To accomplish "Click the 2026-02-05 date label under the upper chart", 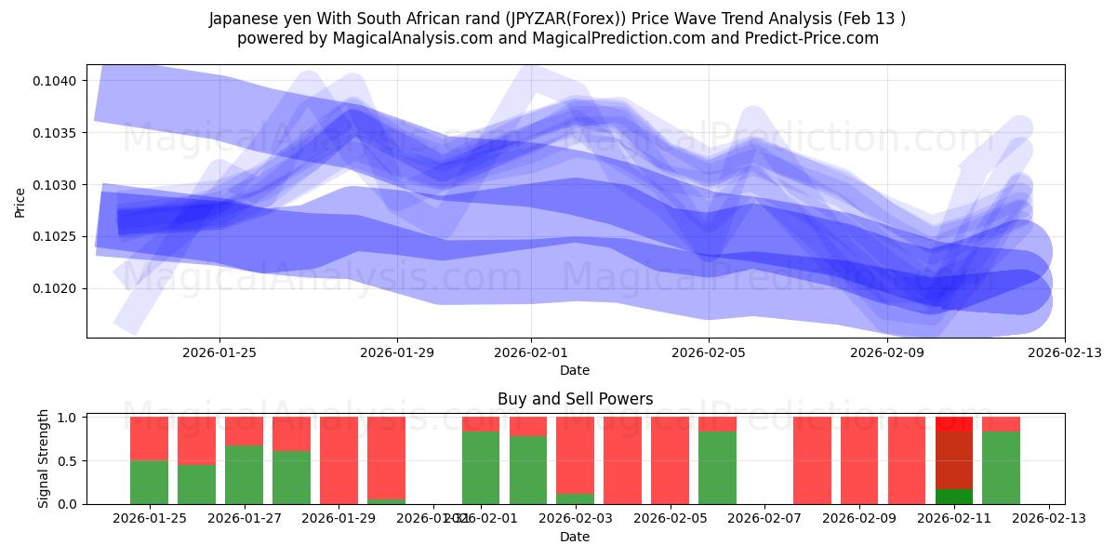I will point(709,352).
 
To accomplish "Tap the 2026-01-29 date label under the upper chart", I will point(397,352).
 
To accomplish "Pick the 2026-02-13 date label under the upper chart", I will point(1064,352).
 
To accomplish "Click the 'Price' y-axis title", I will point(20,201).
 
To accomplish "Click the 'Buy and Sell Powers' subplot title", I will point(575,399).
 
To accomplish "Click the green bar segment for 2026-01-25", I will point(149,482).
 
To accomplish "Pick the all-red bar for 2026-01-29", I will point(339,460).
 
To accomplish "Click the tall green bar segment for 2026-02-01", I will point(481,468).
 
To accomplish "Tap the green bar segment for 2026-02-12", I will point(1001,468).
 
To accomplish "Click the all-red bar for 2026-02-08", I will point(812,460).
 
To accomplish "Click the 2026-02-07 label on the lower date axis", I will point(764,518).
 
